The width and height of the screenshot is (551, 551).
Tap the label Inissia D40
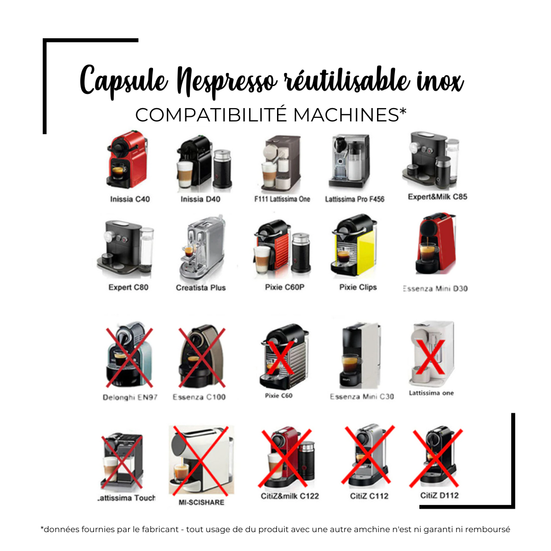pyautogui.click(x=201, y=199)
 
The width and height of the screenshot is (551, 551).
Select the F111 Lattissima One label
pyautogui.click(x=282, y=199)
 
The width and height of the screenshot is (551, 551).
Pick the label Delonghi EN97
pyautogui.click(x=130, y=397)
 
